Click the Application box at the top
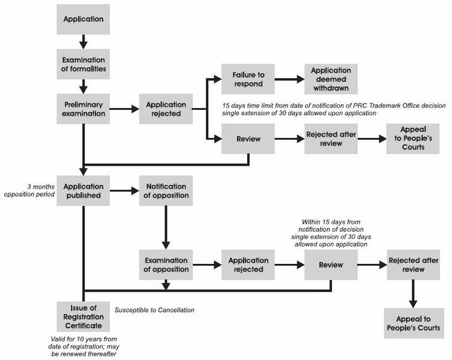click(83, 19)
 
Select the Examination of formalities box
click(83, 64)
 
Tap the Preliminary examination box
click(83, 109)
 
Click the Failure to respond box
click(248, 79)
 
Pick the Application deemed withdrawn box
click(331, 79)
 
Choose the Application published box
click(83, 191)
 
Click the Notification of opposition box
click(166, 191)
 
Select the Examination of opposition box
click(166, 265)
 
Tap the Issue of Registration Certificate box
click(83, 316)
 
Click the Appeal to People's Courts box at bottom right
click(414, 323)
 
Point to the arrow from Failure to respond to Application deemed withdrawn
click(289, 79)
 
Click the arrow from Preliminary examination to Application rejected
click(124, 109)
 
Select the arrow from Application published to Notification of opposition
click(124, 191)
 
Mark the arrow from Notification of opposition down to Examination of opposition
click(166, 228)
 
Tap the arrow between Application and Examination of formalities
click(83, 42)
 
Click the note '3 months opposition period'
click(29, 191)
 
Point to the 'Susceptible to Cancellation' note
click(154, 310)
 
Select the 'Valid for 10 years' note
click(83, 346)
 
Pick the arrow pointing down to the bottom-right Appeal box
click(413, 294)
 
